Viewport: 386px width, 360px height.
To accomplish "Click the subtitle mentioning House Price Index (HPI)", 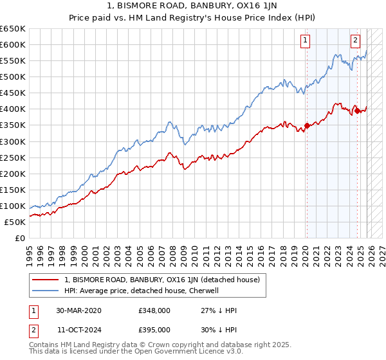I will pyautogui.click(x=192, y=19).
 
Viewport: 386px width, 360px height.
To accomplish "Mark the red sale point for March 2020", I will pyautogui.click(x=307, y=125).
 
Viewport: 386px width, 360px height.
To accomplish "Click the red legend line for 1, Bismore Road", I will pyautogui.click(x=46, y=280).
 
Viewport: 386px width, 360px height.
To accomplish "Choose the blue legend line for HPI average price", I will pyautogui.click(x=46, y=291).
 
